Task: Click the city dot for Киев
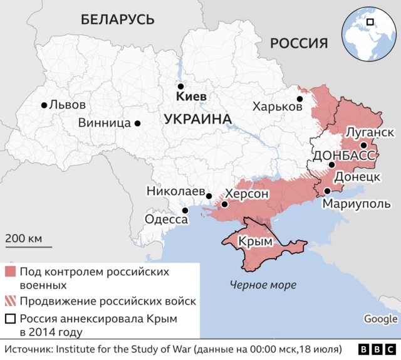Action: pos(180,87)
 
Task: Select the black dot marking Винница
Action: pos(137,124)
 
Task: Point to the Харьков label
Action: pos(277,107)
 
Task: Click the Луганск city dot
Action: pos(363,145)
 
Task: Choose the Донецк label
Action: pos(357,177)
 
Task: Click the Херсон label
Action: pos(247,194)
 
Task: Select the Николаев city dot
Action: pos(209,196)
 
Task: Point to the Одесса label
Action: pos(166,220)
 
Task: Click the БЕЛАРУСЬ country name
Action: pos(117,19)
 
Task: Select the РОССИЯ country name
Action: pos(299,43)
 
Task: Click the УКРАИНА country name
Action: pos(197,119)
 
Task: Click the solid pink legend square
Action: pos(9,272)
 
